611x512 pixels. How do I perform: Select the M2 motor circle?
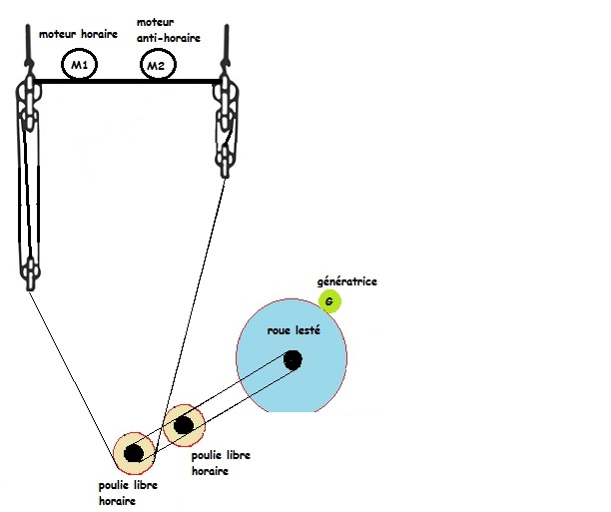tap(154, 67)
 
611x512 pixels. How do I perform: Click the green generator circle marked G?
tap(330, 300)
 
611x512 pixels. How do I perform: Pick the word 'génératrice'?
tap(343, 281)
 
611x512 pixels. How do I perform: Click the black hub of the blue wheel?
tap(293, 360)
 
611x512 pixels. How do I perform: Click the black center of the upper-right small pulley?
tap(183, 427)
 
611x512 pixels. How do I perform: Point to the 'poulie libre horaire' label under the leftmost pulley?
tap(130, 493)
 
